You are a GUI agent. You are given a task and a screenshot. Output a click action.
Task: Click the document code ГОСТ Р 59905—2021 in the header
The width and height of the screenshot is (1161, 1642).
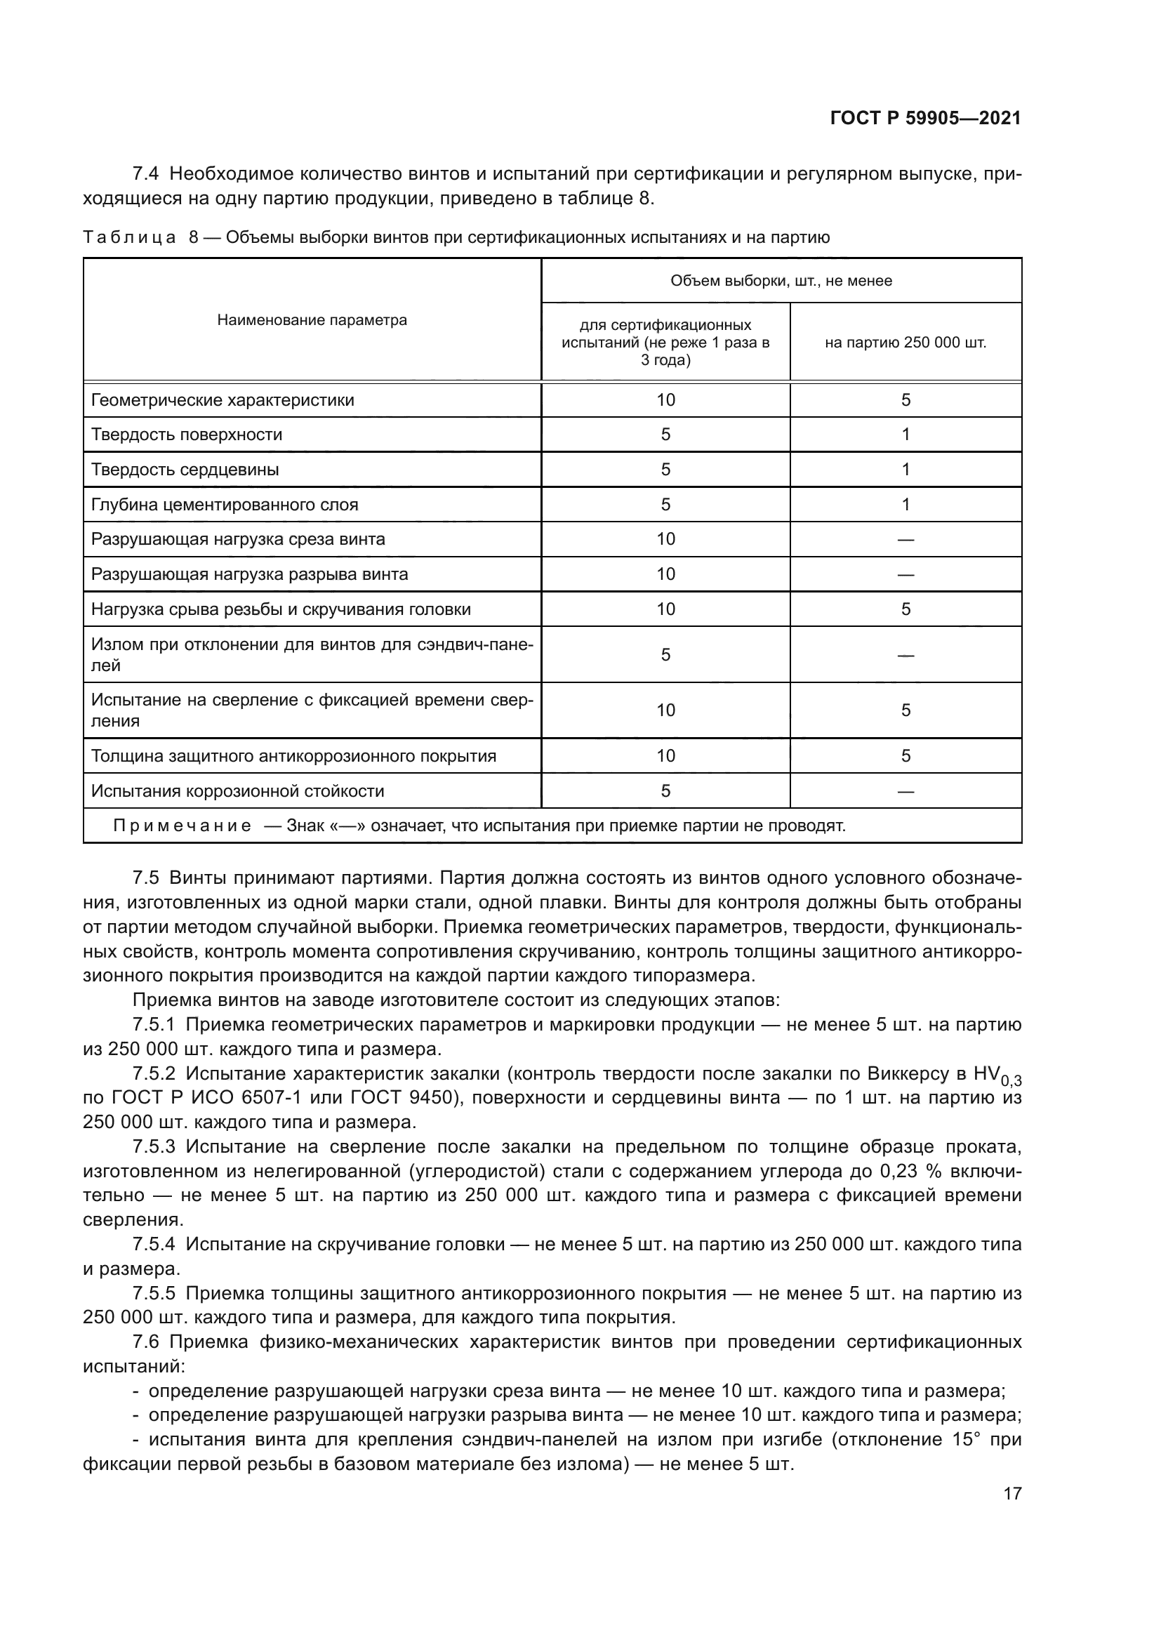925,119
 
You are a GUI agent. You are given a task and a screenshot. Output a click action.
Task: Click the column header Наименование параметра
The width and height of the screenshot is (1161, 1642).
312,320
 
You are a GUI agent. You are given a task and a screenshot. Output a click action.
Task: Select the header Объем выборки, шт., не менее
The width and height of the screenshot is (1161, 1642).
781,281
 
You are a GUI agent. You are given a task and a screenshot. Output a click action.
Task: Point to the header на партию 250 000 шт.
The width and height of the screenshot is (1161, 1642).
905,343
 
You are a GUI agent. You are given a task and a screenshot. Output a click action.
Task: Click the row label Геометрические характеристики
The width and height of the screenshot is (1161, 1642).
223,400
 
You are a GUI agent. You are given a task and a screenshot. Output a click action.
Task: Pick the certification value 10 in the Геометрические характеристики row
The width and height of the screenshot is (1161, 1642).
665,400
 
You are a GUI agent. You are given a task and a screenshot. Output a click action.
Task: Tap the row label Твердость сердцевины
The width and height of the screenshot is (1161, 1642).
185,470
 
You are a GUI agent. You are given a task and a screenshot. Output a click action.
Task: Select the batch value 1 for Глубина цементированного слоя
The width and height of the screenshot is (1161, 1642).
905,505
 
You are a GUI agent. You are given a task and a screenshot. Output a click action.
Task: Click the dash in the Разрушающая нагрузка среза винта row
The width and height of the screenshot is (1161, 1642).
905,540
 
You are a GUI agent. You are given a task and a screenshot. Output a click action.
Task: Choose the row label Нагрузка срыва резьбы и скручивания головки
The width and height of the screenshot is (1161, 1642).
281,609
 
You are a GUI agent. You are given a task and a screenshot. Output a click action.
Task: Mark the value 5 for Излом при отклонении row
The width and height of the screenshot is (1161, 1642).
665,655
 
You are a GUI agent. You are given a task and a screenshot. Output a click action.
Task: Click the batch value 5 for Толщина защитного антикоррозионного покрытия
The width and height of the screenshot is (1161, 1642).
905,756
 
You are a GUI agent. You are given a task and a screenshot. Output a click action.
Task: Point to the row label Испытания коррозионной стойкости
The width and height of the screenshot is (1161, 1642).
237,791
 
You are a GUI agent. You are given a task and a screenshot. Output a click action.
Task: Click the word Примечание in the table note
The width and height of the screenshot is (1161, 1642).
183,827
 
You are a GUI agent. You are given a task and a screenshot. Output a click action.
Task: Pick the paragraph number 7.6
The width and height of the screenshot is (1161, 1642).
147,1342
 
